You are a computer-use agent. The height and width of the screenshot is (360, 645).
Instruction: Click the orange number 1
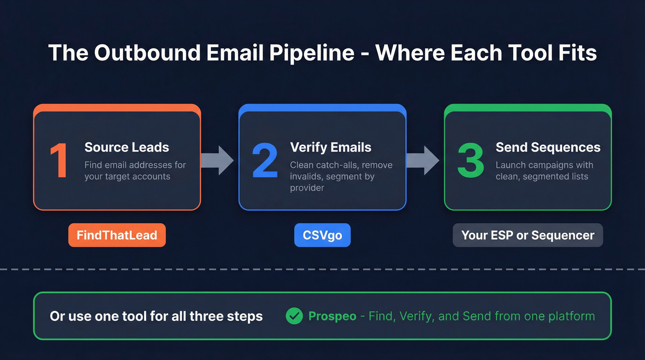(59, 161)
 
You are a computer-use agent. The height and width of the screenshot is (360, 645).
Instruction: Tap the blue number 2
(265, 161)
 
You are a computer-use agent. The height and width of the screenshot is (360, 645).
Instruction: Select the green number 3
(470, 161)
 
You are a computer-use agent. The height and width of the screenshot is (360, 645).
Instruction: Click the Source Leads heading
(127, 148)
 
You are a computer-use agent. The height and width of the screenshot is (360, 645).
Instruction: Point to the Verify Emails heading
(331, 148)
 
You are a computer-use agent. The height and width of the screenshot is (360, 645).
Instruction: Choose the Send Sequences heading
(548, 148)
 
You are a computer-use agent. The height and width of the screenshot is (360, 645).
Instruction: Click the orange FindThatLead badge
(117, 235)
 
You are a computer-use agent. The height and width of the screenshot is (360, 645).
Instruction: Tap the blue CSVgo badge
(322, 235)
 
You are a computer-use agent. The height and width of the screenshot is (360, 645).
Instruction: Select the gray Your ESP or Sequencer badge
(528, 235)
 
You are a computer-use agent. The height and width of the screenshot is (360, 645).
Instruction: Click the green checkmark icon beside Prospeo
(294, 316)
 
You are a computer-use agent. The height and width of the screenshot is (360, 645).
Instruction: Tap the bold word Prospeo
(332, 316)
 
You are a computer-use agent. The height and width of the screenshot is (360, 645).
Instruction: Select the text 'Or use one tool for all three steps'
(156, 317)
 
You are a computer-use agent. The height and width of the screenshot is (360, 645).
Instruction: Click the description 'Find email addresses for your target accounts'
(135, 171)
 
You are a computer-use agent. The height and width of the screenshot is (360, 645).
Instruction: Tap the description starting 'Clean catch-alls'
(341, 177)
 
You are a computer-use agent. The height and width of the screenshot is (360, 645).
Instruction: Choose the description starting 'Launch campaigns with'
(544, 171)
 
